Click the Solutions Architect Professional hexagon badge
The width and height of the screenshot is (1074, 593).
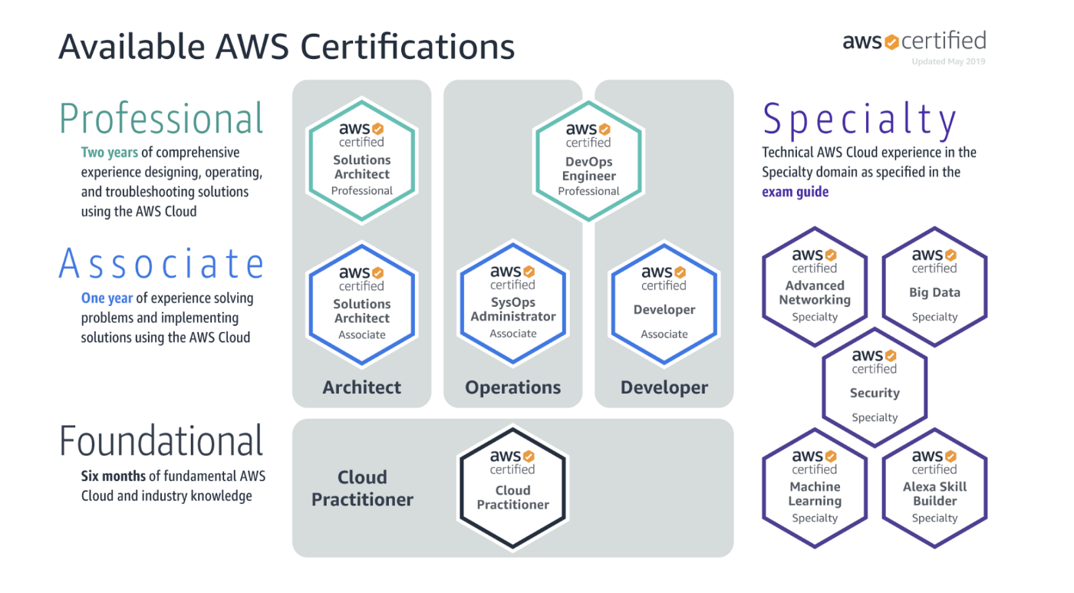pyautogui.click(x=361, y=162)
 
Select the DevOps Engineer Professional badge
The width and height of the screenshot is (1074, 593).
pyautogui.click(x=588, y=162)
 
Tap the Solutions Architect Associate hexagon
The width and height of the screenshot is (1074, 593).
pyautogui.click(x=361, y=305)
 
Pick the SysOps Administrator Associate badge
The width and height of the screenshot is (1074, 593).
pyautogui.click(x=512, y=304)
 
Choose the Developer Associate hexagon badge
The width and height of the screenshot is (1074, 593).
pyautogui.click(x=664, y=304)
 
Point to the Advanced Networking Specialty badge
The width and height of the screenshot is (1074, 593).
pyautogui.click(x=815, y=286)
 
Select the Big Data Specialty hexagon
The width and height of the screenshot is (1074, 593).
pyautogui.click(x=934, y=286)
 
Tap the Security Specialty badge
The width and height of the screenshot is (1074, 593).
pyautogui.click(x=875, y=387)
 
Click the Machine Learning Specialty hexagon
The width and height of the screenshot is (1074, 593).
pyautogui.click(x=815, y=488)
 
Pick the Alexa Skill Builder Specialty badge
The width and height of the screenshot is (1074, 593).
pyautogui.click(x=934, y=488)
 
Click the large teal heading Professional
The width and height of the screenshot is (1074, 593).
pyautogui.click(x=161, y=120)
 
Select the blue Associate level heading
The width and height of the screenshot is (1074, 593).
pyautogui.click(x=161, y=264)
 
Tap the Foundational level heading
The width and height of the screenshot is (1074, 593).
pyautogui.click(x=161, y=442)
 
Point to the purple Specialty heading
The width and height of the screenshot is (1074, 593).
pyautogui.click(x=859, y=120)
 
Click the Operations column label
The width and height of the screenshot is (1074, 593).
pyautogui.click(x=512, y=387)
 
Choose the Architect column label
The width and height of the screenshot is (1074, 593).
pyautogui.click(x=361, y=387)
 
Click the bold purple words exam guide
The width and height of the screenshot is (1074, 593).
pyautogui.click(x=795, y=192)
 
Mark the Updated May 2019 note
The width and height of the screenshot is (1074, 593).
pyautogui.click(x=948, y=61)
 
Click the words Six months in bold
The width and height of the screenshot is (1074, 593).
pyautogui.click(x=113, y=476)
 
